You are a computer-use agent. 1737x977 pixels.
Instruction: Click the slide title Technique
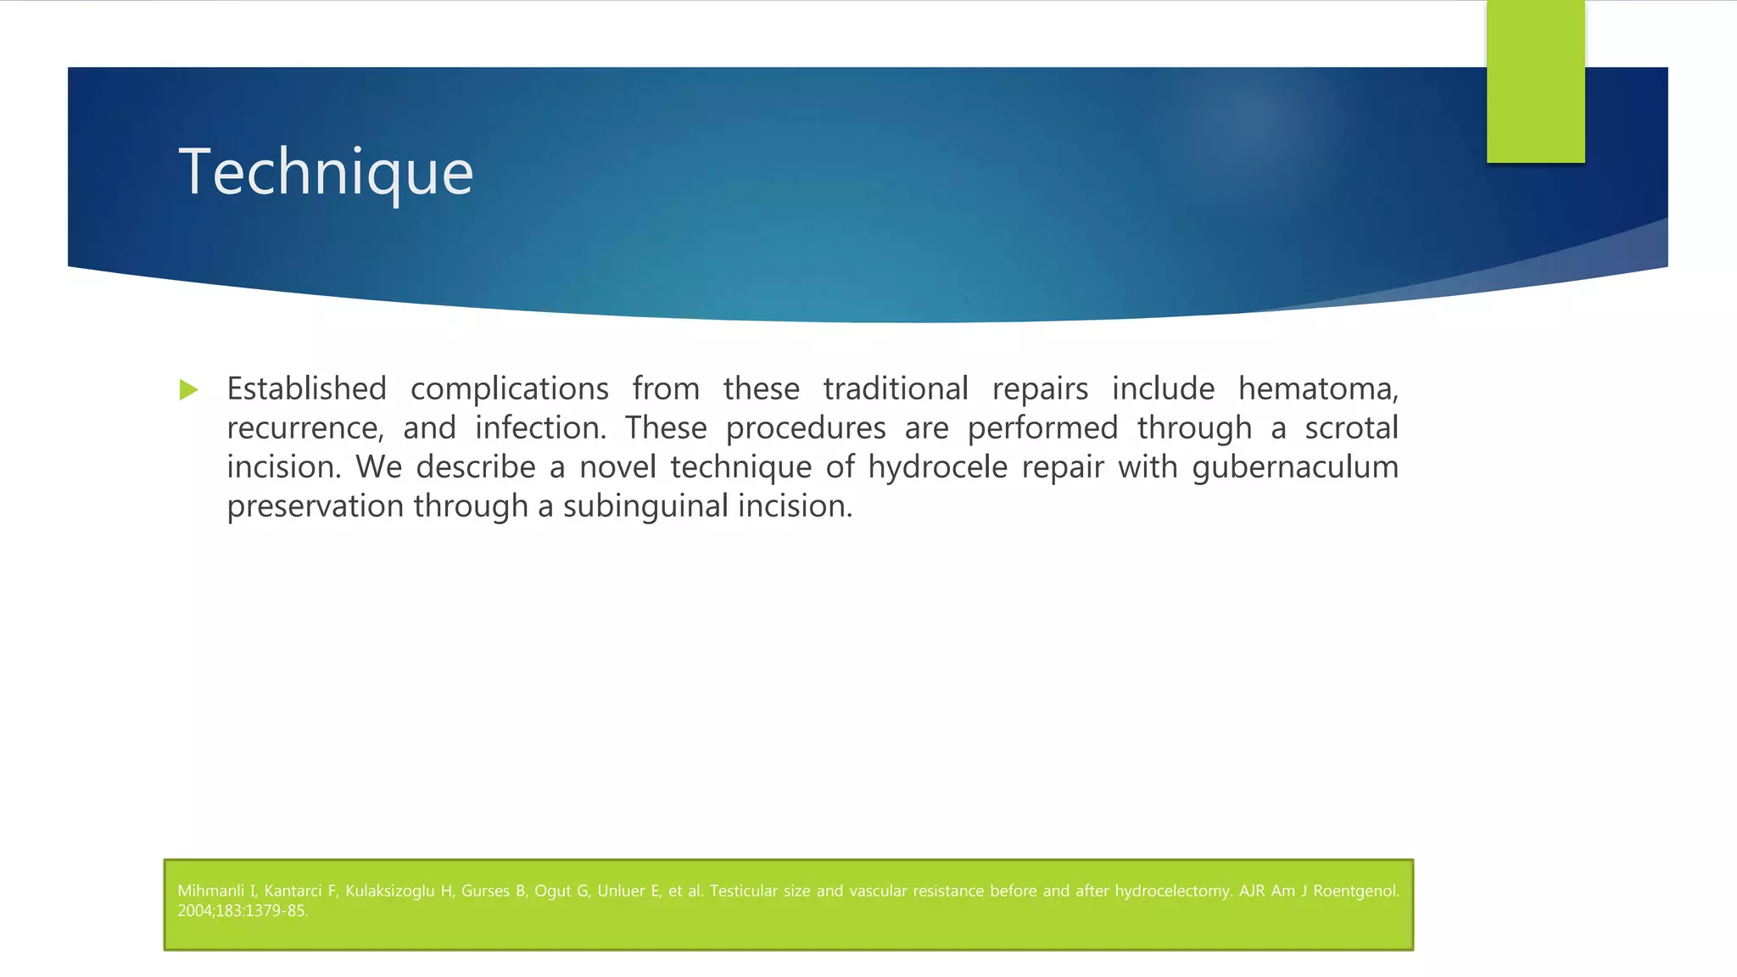(x=326, y=172)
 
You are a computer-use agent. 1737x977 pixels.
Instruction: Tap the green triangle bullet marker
(x=188, y=390)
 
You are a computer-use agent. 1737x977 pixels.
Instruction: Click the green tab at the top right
(x=1535, y=81)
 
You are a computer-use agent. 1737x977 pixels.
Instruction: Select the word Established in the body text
(x=306, y=389)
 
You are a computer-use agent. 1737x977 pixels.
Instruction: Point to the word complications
(x=509, y=389)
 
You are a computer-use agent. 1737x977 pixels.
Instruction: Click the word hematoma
(x=1317, y=389)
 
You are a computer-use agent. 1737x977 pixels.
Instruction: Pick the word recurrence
(x=304, y=428)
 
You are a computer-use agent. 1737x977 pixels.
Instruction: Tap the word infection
(x=540, y=428)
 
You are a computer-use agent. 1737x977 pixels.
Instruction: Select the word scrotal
(x=1351, y=428)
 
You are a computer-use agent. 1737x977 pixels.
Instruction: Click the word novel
(x=617, y=467)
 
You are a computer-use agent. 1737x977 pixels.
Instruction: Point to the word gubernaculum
(x=1295, y=467)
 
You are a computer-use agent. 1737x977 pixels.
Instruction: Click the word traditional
(x=895, y=389)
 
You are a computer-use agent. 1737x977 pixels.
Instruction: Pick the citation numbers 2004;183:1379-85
(x=243, y=912)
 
